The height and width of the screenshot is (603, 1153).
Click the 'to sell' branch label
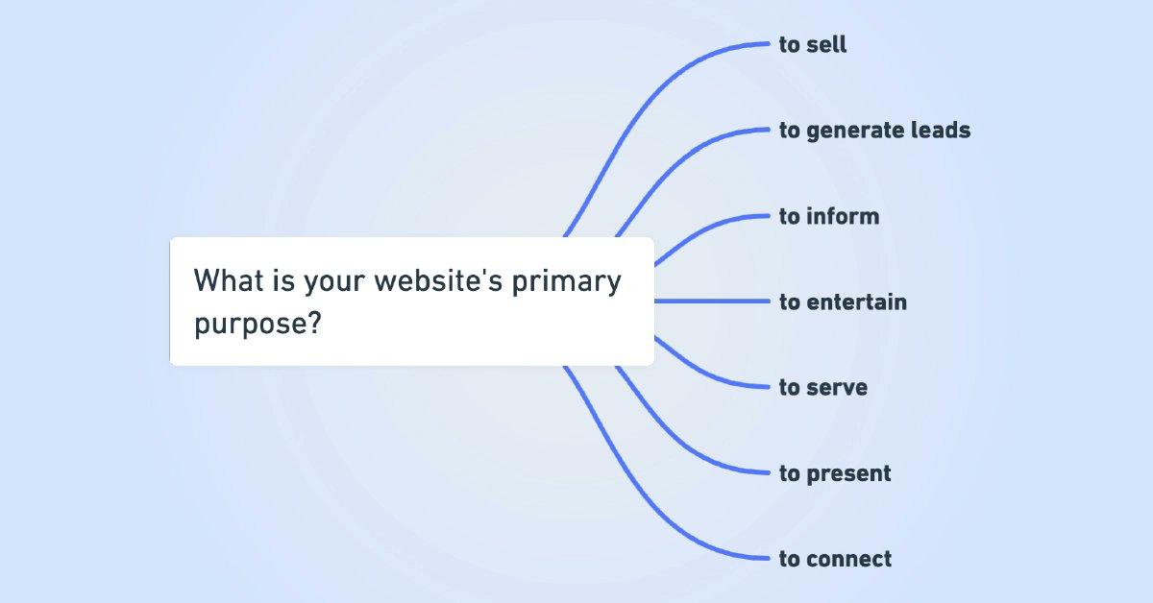point(813,44)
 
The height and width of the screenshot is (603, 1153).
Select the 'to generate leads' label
point(874,130)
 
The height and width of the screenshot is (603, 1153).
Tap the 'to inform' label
point(829,216)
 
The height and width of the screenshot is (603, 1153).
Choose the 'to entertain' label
point(843,301)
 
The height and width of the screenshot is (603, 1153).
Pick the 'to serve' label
point(823,387)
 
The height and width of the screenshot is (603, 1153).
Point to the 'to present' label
point(835,473)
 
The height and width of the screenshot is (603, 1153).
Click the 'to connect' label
point(835,559)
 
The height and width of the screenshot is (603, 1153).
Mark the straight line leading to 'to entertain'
point(716,301)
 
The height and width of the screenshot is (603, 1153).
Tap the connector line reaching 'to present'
point(673,432)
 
